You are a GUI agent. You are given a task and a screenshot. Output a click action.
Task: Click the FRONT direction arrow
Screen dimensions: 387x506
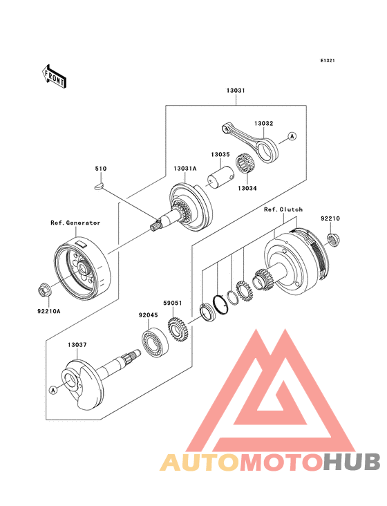tap(54, 76)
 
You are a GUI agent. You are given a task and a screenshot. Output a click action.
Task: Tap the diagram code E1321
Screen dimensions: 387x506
tap(328, 60)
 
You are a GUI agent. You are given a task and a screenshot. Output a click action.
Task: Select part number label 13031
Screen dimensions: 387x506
tap(236, 91)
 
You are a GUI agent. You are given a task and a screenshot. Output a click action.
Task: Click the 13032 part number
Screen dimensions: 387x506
tap(263, 123)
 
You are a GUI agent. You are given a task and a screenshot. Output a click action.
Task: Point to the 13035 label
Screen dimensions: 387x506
tap(220, 155)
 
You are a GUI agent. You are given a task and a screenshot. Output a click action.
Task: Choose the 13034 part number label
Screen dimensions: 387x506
tap(247, 188)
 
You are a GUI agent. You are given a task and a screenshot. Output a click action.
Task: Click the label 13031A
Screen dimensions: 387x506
tap(185, 169)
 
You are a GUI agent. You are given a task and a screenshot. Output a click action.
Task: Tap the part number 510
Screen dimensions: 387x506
tap(101, 169)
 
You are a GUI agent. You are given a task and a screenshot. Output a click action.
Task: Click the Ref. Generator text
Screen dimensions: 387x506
tap(75, 223)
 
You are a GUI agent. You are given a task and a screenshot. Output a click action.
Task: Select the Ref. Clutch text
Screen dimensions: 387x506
tap(283, 209)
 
